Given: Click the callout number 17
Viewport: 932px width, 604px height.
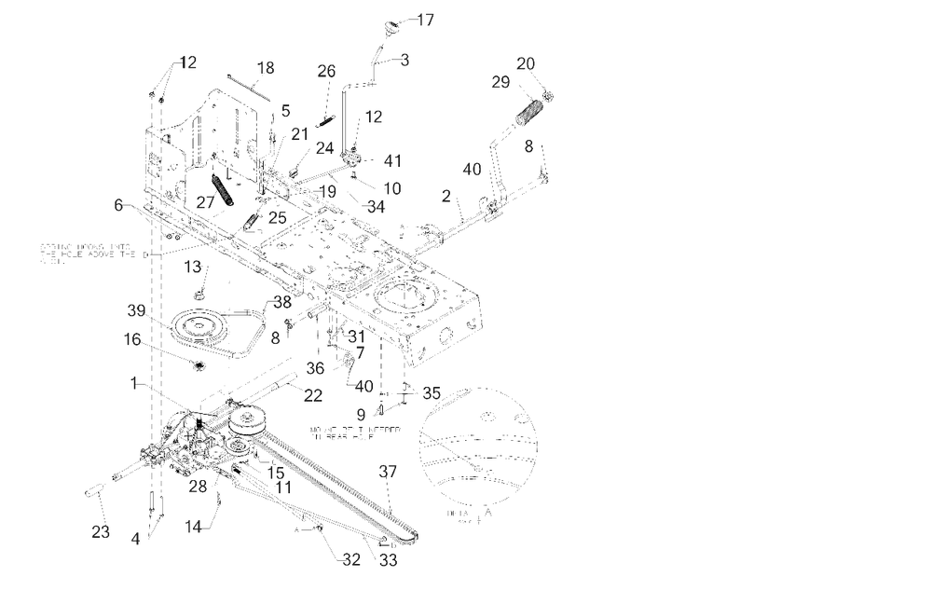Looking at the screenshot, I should [425, 19].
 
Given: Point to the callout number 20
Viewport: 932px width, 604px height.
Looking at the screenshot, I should [526, 63].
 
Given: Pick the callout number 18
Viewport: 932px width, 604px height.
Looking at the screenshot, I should [266, 68].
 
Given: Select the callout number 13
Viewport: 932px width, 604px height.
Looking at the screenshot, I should [192, 268].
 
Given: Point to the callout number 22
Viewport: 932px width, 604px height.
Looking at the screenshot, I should [313, 395].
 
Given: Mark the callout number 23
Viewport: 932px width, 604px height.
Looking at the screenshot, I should [100, 532].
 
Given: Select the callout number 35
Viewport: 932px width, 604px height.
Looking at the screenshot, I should [432, 393].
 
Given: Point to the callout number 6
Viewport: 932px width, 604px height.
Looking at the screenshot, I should [118, 205].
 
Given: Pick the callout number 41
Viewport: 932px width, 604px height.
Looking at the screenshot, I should [391, 161].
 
